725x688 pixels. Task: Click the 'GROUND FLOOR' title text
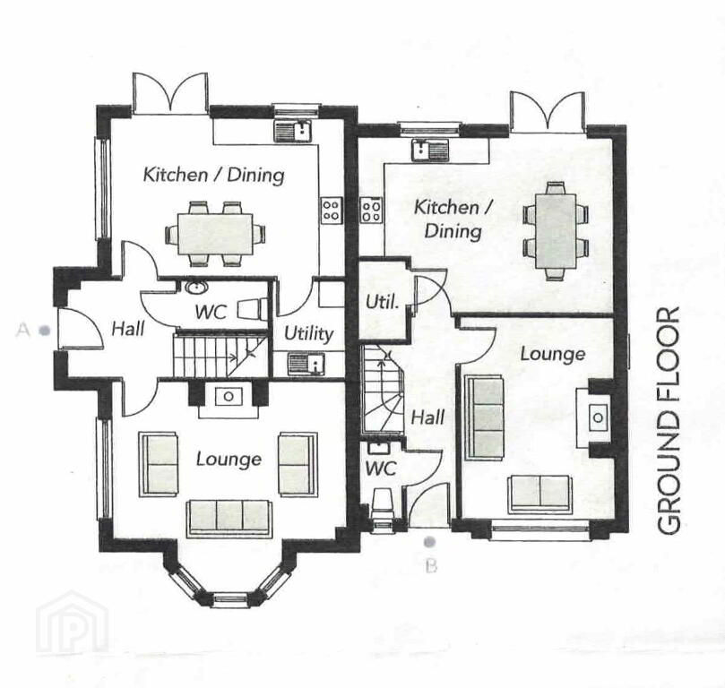[669, 420]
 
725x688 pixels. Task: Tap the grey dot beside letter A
[45, 331]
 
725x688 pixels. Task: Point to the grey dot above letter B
[430, 541]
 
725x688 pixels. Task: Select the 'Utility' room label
[308, 333]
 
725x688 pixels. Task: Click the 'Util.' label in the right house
[382, 302]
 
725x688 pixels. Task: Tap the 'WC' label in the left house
[211, 313]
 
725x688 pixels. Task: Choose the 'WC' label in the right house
[381, 468]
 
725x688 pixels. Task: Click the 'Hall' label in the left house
[128, 329]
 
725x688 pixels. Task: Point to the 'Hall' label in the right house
[427, 417]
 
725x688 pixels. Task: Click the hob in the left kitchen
[332, 211]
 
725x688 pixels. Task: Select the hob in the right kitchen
[371, 211]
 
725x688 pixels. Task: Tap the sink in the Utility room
[306, 363]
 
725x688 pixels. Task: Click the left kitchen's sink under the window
[293, 131]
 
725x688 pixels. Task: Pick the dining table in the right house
[556, 231]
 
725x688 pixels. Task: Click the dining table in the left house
[215, 234]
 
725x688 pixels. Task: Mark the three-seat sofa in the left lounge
[229, 518]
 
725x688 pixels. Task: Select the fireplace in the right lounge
[594, 417]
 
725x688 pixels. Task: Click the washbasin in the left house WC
[196, 288]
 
